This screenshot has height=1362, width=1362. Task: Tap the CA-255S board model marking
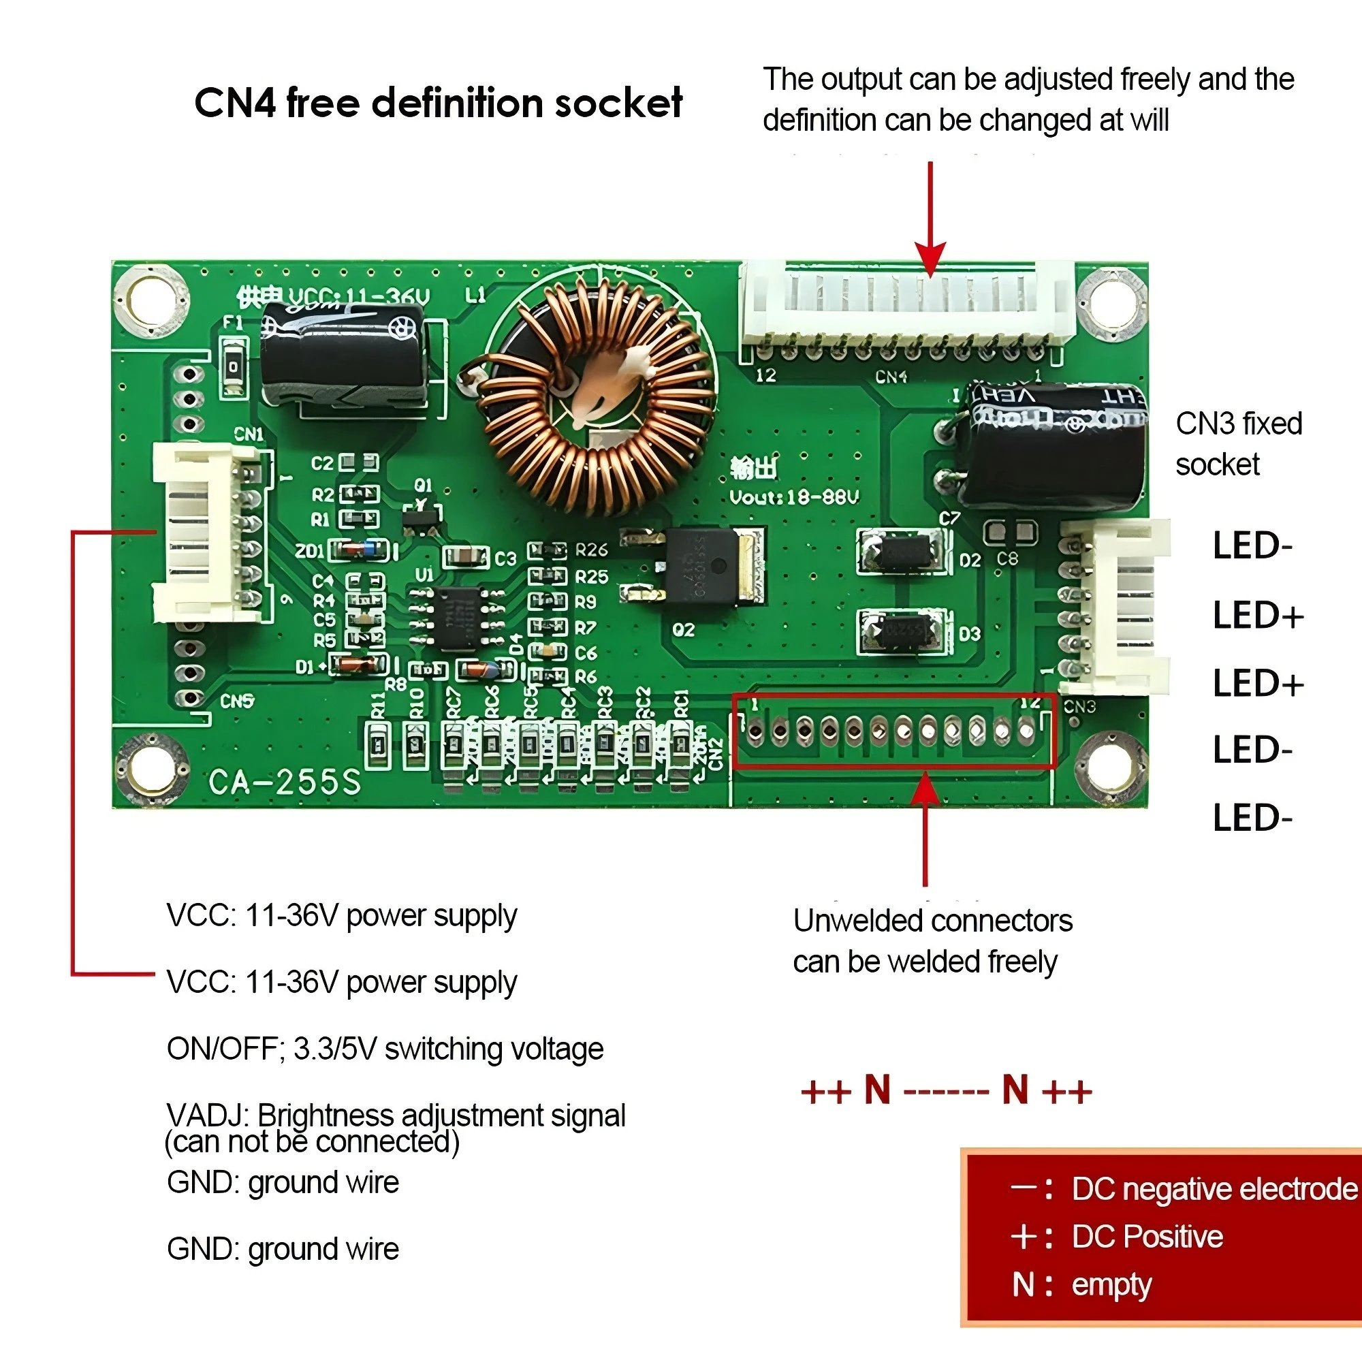point(284,781)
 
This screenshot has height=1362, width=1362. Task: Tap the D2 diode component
point(902,552)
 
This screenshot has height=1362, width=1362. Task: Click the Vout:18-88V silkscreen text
point(794,498)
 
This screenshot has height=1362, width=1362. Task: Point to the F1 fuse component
point(234,366)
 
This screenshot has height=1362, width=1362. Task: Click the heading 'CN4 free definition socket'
point(438,103)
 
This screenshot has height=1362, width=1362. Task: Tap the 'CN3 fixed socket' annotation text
point(1238,443)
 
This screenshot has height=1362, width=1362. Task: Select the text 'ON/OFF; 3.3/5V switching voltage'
point(385,1049)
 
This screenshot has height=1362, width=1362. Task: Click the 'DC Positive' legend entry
point(1147,1237)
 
